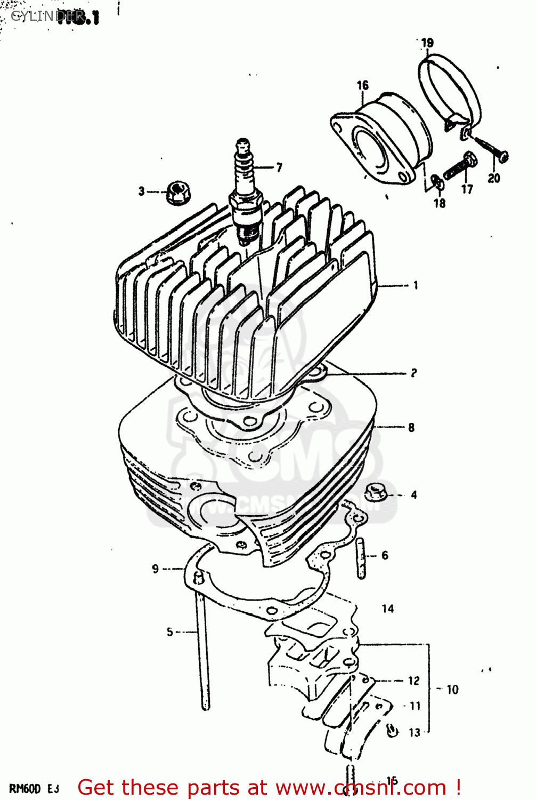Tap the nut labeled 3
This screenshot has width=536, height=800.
pos(176,193)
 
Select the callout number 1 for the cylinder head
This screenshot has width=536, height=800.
pos(416,285)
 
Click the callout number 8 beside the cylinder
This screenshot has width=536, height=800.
pos(411,427)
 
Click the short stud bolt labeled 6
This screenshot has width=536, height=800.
pos(362,558)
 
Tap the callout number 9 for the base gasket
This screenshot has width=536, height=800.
pos(155,569)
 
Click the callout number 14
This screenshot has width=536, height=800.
pos(388,609)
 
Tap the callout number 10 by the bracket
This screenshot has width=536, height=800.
pos(452,690)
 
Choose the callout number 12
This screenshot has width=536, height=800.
pos(414,681)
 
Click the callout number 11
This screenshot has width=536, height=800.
pos(415,706)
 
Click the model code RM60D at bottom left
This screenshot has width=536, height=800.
pos(25,789)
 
